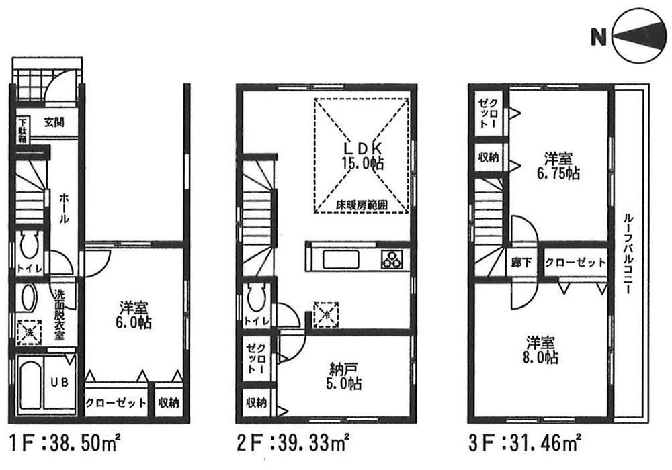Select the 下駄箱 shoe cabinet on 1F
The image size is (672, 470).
(x=23, y=130)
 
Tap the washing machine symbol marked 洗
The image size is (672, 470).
(x=29, y=332)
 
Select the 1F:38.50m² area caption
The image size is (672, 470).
(x=64, y=444)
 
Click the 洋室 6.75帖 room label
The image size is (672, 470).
(x=558, y=167)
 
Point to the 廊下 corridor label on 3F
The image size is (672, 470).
(x=521, y=263)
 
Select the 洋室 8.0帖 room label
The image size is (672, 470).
(x=540, y=349)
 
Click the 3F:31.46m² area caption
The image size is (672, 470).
(x=525, y=444)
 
